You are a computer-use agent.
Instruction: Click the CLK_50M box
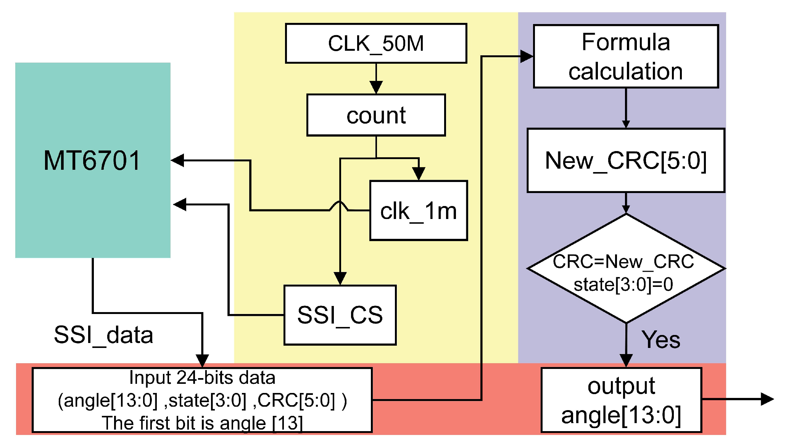(x=376, y=43)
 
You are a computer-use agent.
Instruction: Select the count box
(x=376, y=115)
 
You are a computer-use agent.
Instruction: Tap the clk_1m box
(x=419, y=211)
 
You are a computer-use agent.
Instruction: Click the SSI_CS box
(x=340, y=315)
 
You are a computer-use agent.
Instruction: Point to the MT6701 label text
(x=92, y=160)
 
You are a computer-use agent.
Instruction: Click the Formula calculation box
(x=626, y=56)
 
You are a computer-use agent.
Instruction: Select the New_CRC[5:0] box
(x=626, y=160)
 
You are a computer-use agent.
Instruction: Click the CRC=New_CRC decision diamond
(x=626, y=268)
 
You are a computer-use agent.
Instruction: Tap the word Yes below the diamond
(x=661, y=340)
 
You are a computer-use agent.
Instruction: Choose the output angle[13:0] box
(x=621, y=400)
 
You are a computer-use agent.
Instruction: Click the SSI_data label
(x=103, y=335)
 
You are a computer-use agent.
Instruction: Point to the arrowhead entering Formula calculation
(x=527, y=56)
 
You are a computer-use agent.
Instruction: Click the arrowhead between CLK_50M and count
(x=376, y=87)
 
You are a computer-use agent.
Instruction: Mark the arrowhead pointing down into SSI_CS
(x=340, y=278)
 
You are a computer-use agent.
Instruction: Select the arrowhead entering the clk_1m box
(x=419, y=174)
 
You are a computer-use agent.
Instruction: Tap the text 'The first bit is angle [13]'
(x=202, y=423)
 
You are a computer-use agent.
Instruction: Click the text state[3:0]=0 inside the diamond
(x=623, y=285)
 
